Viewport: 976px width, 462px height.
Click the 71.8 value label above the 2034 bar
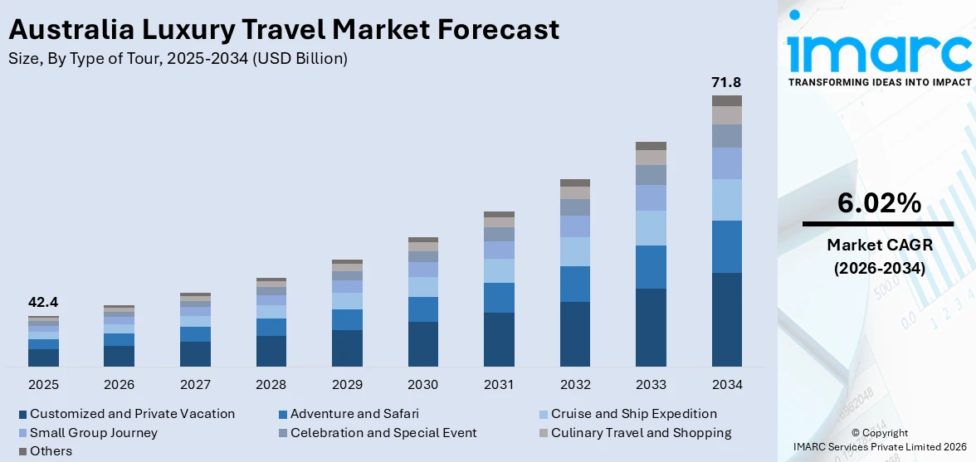click(726, 82)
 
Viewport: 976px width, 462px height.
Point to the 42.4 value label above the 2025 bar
click(43, 303)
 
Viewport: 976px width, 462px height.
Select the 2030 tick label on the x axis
click(423, 385)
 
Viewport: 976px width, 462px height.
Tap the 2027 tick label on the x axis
click(195, 385)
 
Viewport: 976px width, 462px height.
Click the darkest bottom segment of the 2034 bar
click(726, 319)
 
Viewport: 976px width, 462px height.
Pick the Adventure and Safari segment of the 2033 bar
click(651, 267)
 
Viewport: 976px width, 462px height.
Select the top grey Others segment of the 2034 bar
click(726, 100)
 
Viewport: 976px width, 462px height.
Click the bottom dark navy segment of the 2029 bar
click(347, 348)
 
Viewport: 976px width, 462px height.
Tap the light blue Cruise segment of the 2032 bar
click(574, 251)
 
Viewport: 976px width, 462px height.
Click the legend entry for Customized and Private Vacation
click(132, 413)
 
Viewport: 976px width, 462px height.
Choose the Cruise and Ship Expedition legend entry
click(633, 413)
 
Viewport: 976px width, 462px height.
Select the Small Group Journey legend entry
click(93, 432)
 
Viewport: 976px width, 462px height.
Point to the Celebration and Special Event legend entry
click(383, 432)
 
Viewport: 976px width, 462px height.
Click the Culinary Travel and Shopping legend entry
click(641, 432)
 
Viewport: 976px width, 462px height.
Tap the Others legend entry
click(51, 451)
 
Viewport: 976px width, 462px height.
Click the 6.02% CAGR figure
click(879, 203)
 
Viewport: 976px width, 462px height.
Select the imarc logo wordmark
click(879, 51)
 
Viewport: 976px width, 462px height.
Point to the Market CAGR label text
click(879, 245)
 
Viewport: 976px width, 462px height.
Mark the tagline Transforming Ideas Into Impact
click(879, 82)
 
